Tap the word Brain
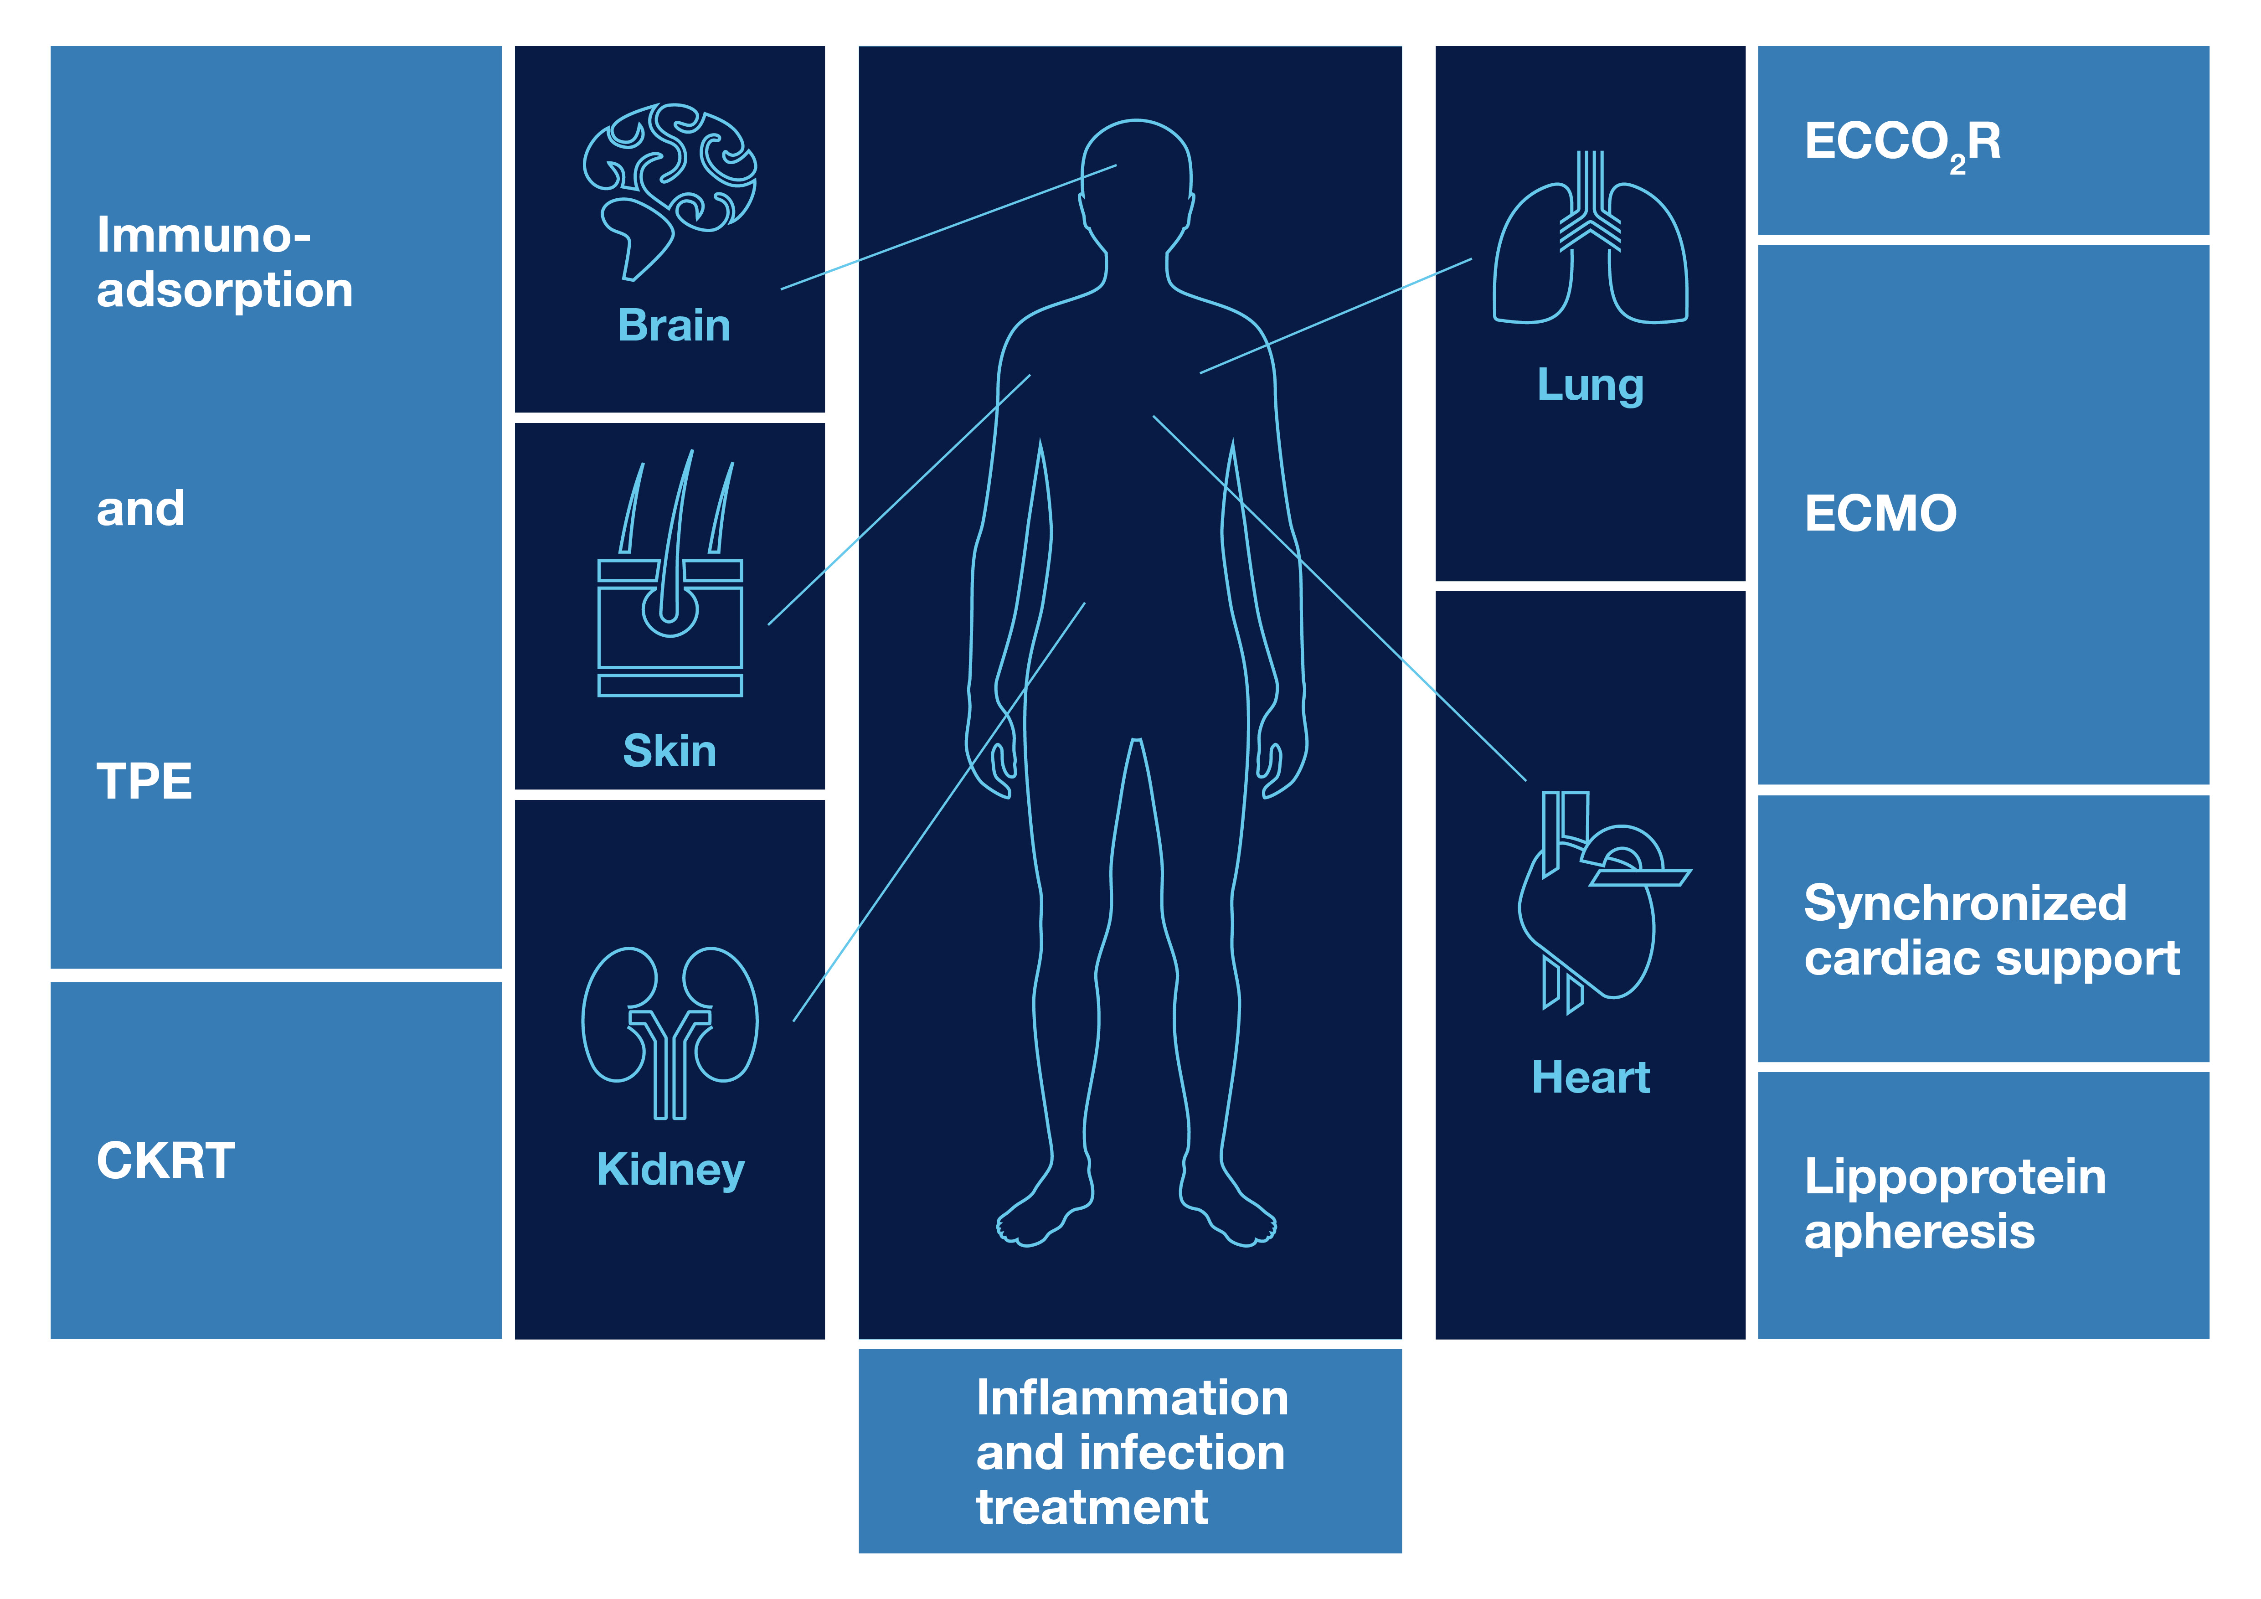point(674,325)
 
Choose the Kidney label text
point(670,1170)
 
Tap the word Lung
point(1591,385)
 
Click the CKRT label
point(165,1161)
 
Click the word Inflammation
point(1133,1398)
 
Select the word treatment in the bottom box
point(1092,1507)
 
